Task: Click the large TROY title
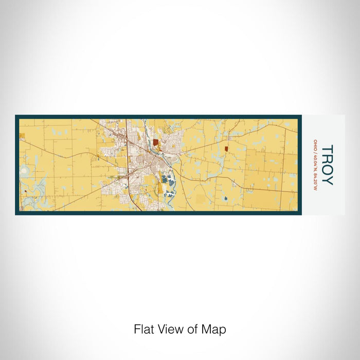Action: tap(327, 165)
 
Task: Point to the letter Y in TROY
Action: tap(327, 180)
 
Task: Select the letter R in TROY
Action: tap(327, 159)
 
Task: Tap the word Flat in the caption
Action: tap(143, 329)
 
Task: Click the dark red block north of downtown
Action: tap(155, 142)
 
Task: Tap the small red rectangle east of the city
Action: tap(226, 149)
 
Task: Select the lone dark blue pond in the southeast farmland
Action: tap(225, 198)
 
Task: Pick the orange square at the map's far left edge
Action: tap(22, 135)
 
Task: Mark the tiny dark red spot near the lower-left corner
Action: tap(25, 191)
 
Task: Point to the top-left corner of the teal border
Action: tap(16, 116)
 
